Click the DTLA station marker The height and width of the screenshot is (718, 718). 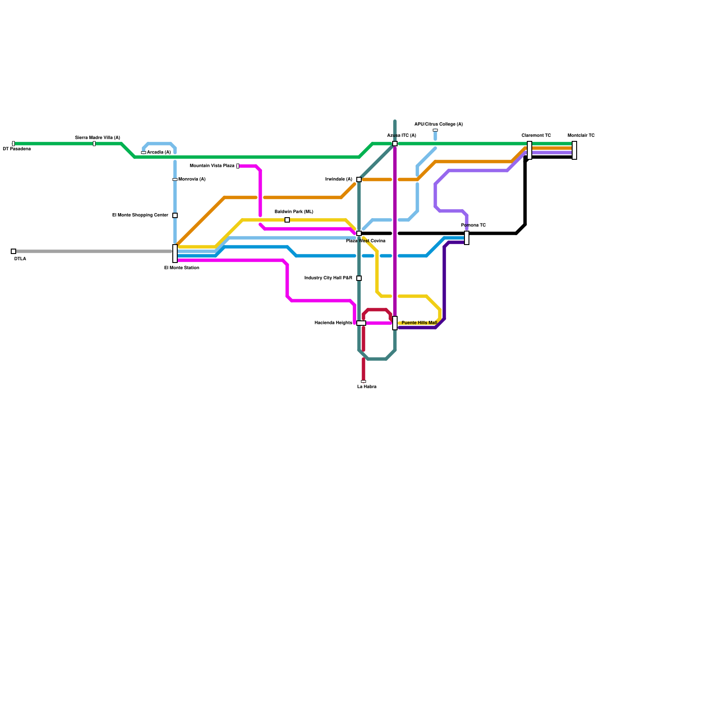point(13,251)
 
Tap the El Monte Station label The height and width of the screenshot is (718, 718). point(181,268)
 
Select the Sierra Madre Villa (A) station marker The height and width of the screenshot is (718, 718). point(94,144)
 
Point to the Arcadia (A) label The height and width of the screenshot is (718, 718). point(159,153)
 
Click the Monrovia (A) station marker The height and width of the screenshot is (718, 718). point(175,179)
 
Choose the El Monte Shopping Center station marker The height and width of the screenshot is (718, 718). point(175,215)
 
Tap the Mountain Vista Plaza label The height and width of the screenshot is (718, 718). point(212,166)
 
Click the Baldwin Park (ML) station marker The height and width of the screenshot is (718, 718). point(287,220)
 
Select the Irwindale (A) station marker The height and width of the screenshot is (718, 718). point(359,179)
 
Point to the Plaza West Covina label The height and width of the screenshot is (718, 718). point(365,241)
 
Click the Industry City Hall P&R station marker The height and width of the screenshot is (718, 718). point(359,278)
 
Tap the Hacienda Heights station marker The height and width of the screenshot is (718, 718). point(361,323)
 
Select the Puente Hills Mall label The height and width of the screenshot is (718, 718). point(419,323)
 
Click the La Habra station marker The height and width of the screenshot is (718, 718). point(363,381)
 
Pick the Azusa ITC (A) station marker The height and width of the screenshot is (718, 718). point(395,144)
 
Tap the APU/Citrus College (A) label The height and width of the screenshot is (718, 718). point(438,124)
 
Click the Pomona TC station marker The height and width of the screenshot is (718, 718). point(467,238)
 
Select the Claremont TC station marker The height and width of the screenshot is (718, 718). point(530,150)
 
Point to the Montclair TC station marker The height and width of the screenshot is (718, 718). point(574,150)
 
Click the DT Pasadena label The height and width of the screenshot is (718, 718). point(17,149)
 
